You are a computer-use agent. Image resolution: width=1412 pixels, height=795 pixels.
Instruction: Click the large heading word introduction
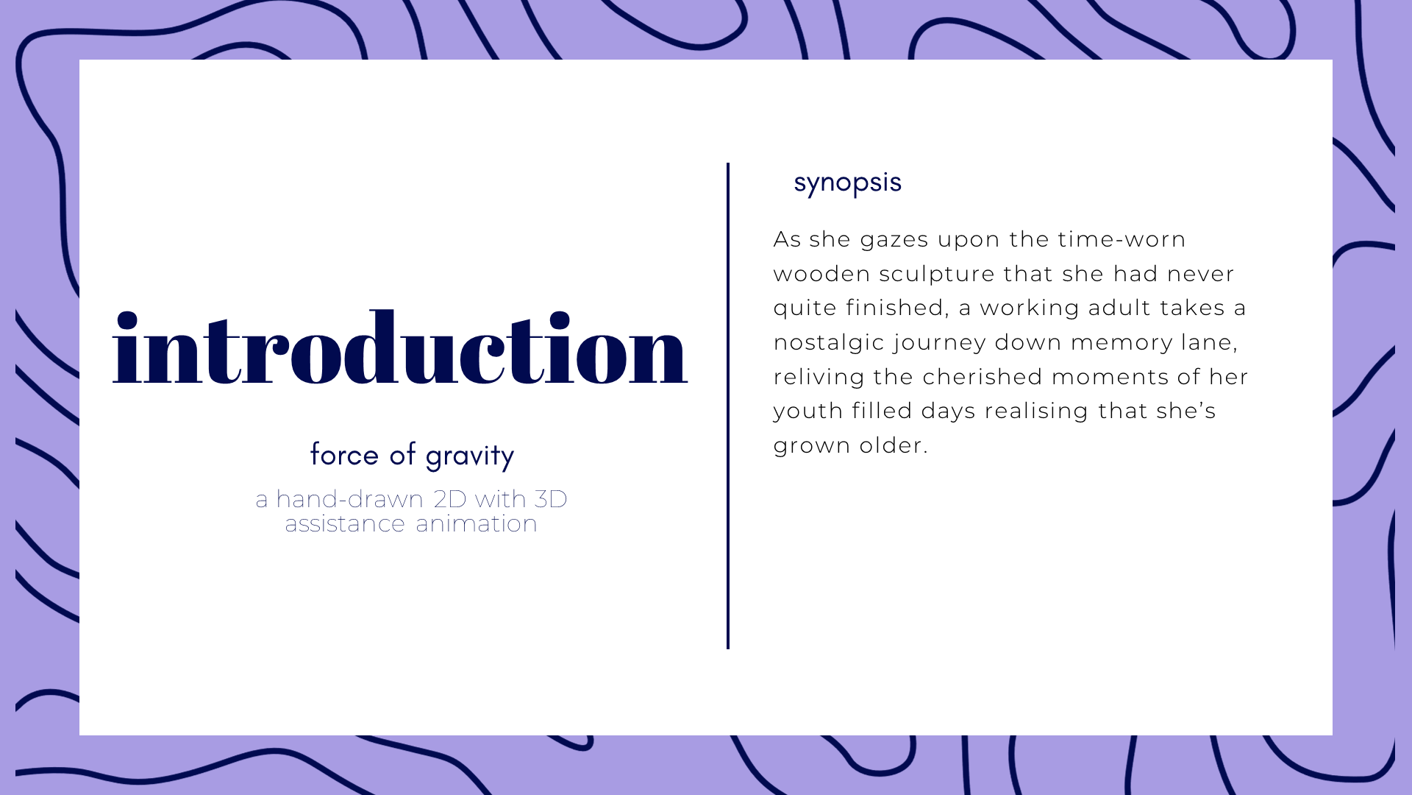pyautogui.click(x=400, y=347)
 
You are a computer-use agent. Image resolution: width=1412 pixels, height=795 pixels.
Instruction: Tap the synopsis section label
pyautogui.click(x=847, y=183)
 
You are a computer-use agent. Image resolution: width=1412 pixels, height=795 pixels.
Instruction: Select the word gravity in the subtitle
pyautogui.click(x=470, y=456)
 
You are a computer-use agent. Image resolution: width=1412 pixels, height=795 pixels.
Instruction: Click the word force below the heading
pyautogui.click(x=344, y=454)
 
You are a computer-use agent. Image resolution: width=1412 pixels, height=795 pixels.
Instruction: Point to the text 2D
pyautogui.click(x=450, y=499)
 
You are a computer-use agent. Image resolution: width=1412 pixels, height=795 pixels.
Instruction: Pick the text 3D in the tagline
pyautogui.click(x=551, y=499)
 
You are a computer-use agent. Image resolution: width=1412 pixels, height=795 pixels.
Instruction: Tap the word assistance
pyautogui.click(x=345, y=523)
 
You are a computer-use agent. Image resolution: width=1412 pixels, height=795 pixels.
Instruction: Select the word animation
pyautogui.click(x=477, y=523)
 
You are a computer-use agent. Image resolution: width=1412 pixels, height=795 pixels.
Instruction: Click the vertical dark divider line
pyautogui.click(x=728, y=406)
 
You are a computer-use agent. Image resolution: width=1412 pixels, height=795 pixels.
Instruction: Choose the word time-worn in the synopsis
pyautogui.click(x=1122, y=239)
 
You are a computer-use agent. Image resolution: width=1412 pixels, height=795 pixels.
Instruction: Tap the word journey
pyautogui.click(x=941, y=343)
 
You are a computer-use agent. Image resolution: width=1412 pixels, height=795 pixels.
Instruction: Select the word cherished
pyautogui.click(x=983, y=377)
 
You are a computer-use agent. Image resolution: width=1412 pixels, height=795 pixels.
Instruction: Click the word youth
pyautogui.click(x=808, y=411)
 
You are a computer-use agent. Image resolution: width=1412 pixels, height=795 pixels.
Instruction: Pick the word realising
pyautogui.click(x=1037, y=411)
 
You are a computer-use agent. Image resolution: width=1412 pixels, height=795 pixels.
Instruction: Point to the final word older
pyautogui.click(x=894, y=445)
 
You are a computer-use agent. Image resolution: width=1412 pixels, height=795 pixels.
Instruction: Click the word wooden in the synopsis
pyautogui.click(x=822, y=274)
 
